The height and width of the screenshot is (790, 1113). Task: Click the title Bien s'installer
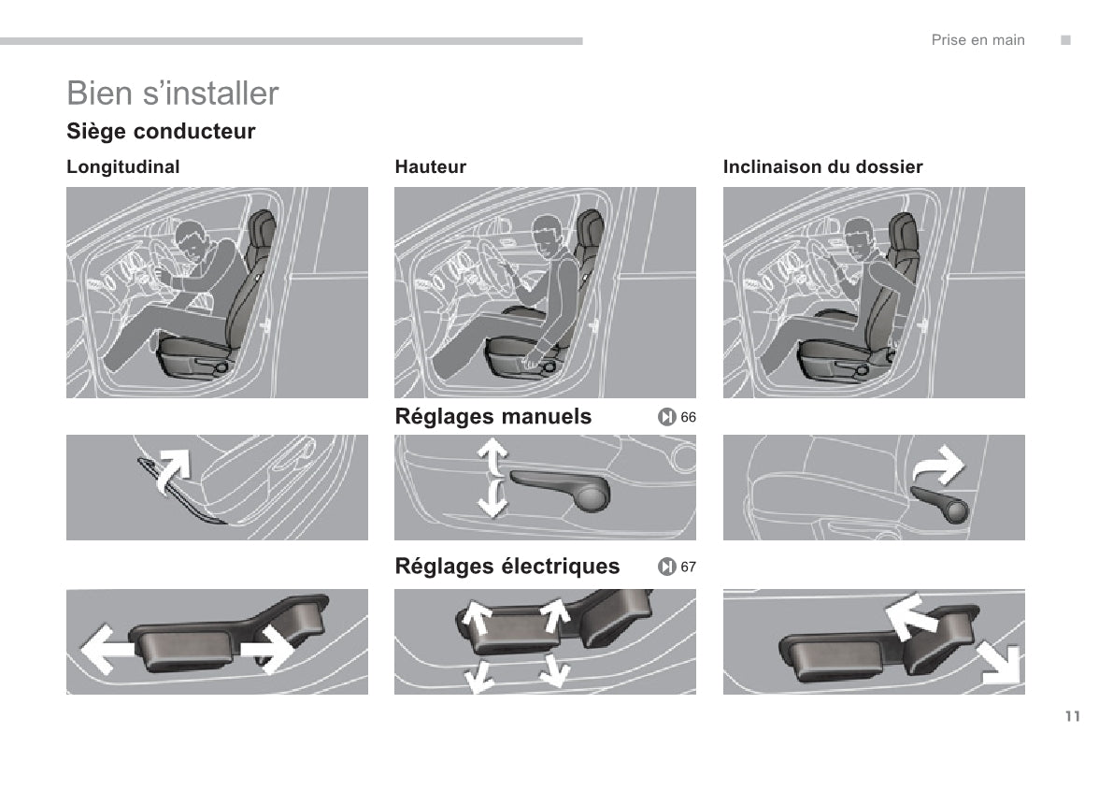(173, 93)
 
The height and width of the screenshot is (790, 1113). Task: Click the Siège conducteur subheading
(161, 132)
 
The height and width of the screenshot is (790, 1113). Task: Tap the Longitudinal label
(122, 167)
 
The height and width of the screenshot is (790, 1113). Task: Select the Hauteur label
(430, 167)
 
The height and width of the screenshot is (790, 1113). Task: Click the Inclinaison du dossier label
(822, 167)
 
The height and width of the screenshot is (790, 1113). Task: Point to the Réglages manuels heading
(493, 417)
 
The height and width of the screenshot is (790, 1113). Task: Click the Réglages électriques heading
(507, 567)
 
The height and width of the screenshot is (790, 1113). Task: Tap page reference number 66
(689, 417)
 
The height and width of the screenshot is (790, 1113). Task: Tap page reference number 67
(689, 567)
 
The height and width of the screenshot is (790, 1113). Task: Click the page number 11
(1072, 717)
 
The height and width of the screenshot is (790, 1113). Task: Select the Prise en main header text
(977, 40)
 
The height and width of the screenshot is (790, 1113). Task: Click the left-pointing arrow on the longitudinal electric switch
(105, 647)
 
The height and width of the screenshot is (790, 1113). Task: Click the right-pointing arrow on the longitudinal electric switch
(268, 648)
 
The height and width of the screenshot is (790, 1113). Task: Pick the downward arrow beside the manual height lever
(492, 498)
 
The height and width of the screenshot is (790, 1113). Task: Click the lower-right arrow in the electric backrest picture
(998, 665)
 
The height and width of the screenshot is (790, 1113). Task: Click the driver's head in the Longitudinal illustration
(194, 242)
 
